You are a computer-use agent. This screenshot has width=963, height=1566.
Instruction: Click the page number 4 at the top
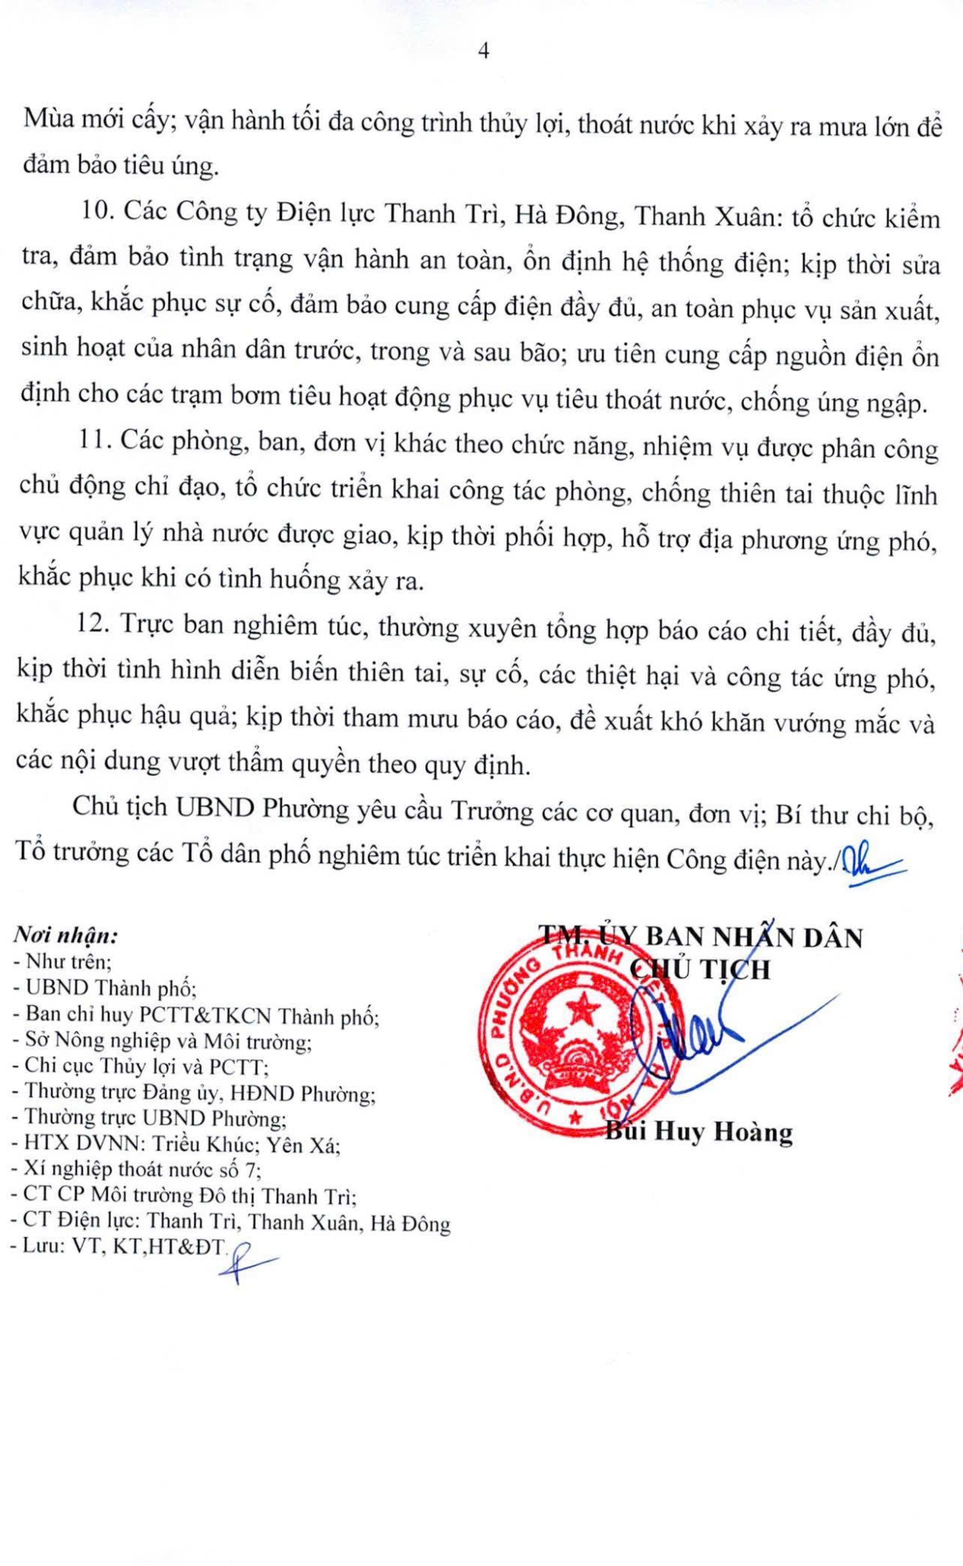pyautogui.click(x=483, y=51)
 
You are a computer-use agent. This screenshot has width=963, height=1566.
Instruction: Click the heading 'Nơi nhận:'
pyautogui.click(x=66, y=935)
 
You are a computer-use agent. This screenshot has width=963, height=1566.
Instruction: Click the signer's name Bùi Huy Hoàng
pyautogui.click(x=699, y=1131)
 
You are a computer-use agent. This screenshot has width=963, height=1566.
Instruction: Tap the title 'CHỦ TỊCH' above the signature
pyautogui.click(x=700, y=970)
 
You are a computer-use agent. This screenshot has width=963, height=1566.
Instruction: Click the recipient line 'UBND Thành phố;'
pyautogui.click(x=111, y=988)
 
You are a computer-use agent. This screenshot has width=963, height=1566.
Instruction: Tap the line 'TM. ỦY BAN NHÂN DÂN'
pyautogui.click(x=700, y=937)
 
